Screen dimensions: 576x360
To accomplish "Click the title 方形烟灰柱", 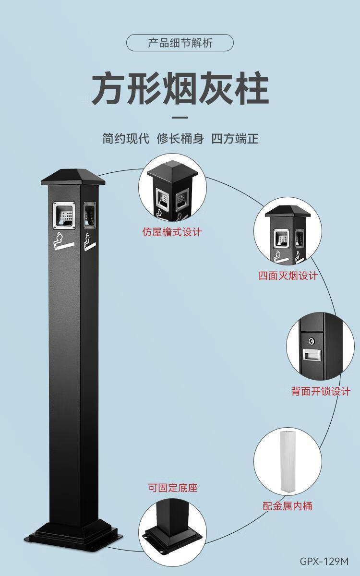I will pyautogui.click(x=180, y=88).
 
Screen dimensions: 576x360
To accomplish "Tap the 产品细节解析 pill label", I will pyautogui.click(x=180, y=43).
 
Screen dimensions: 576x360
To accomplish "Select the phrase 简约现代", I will pyautogui.click(x=126, y=139).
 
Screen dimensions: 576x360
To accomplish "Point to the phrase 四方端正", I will pyautogui.click(x=235, y=139).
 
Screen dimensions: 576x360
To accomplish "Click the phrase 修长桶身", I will pyautogui.click(x=180, y=139).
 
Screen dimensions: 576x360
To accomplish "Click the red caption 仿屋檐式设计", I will pyautogui.click(x=172, y=232).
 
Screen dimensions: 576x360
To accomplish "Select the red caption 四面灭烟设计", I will pyautogui.click(x=288, y=276).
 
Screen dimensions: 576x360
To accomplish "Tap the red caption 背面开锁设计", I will pyautogui.click(x=321, y=391).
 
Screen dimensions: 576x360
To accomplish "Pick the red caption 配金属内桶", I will pyautogui.click(x=288, y=505).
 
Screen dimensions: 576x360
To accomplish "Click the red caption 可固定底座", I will pyautogui.click(x=172, y=488).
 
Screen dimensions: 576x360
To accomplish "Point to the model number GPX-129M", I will pyautogui.click(x=324, y=561).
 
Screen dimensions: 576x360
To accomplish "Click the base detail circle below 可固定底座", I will pyautogui.click(x=172, y=528).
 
